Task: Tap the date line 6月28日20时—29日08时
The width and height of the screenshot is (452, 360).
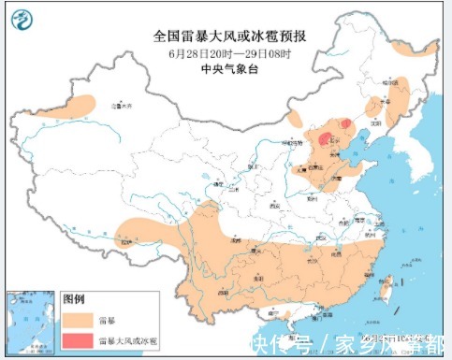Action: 230,52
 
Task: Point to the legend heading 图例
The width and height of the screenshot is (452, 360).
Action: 74,299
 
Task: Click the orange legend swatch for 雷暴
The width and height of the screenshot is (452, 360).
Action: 78,318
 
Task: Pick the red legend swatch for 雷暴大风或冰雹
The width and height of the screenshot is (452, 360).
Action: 78,337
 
